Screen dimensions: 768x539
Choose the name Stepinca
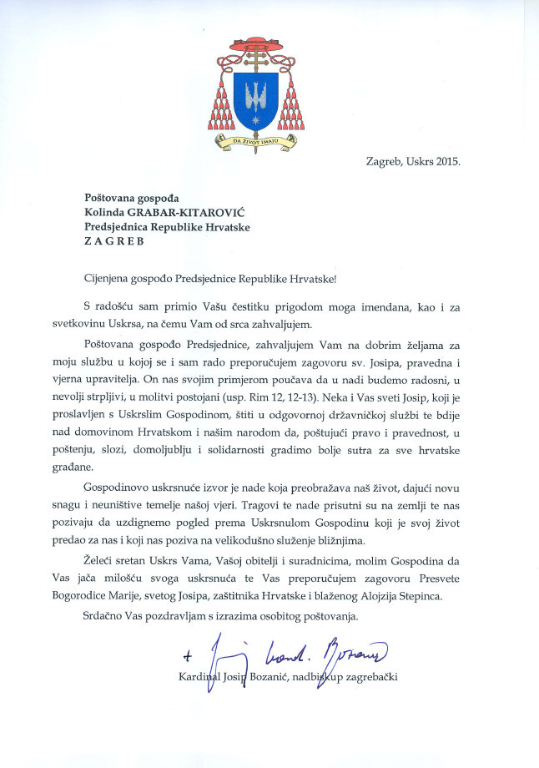pyautogui.click(x=435, y=598)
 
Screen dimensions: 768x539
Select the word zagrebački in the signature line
pyautogui.click(x=366, y=675)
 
